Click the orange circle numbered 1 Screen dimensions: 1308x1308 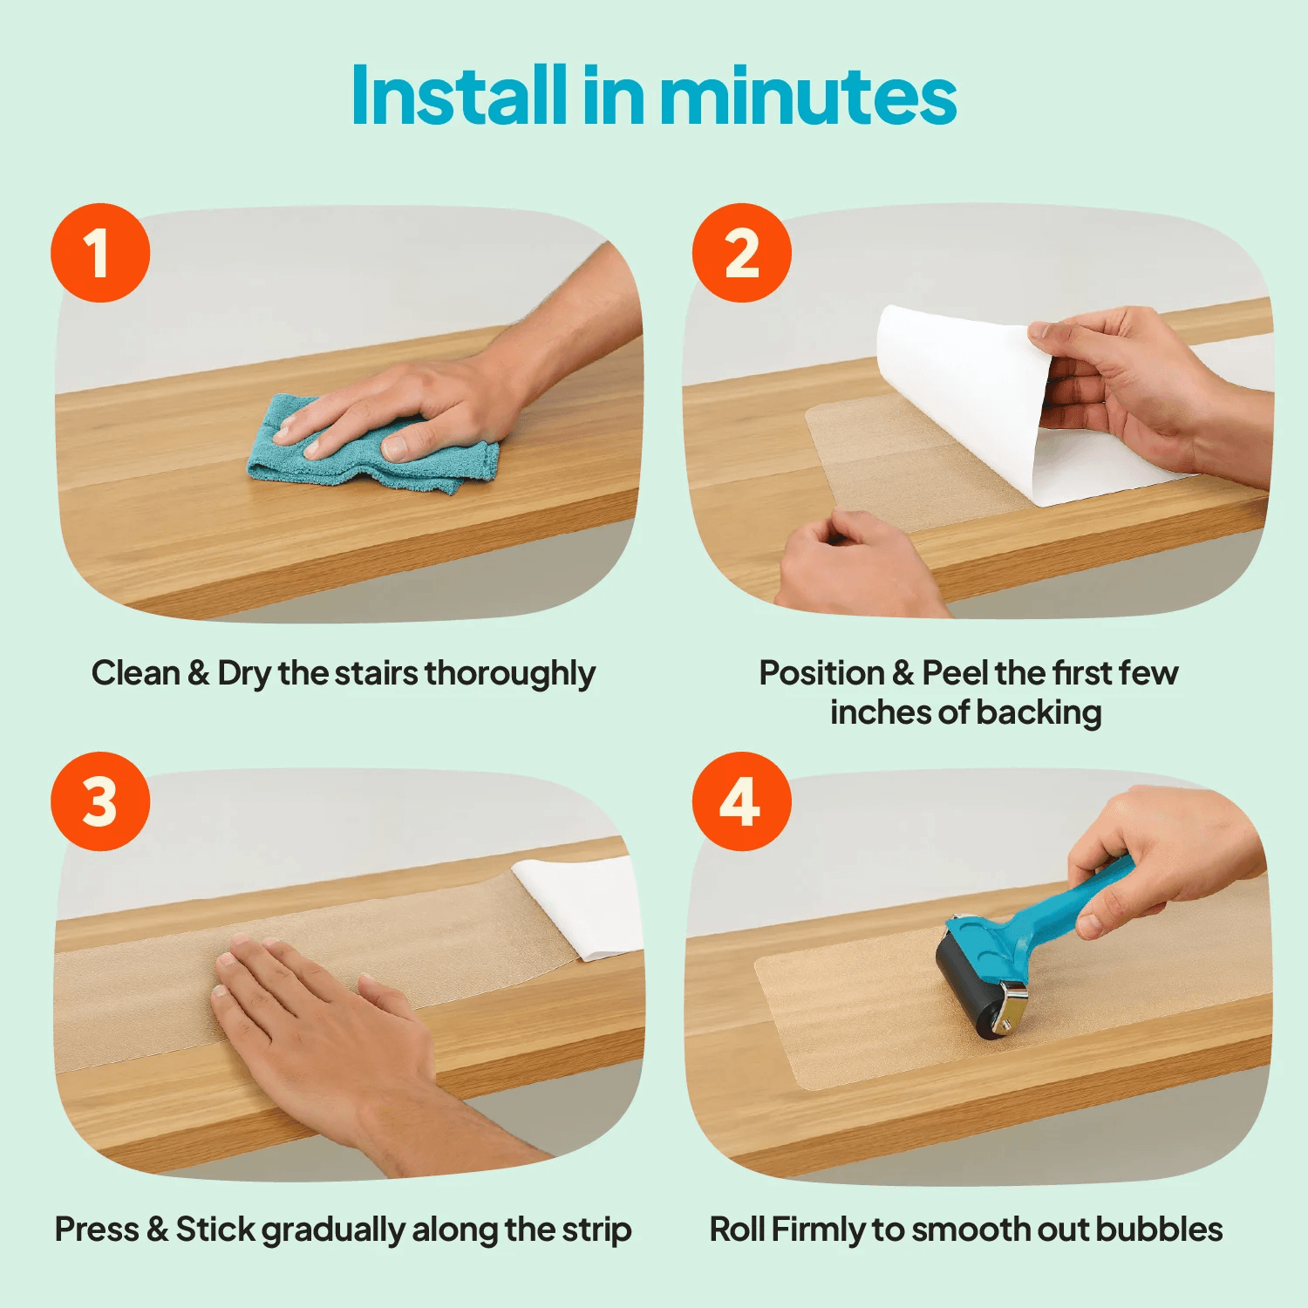coord(100,253)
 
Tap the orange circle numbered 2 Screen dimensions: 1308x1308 coord(742,253)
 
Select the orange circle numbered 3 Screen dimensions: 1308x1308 coord(100,801)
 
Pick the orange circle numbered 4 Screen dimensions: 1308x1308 coord(742,801)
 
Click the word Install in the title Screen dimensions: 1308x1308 coord(460,95)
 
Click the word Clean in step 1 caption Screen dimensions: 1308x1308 coord(135,672)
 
